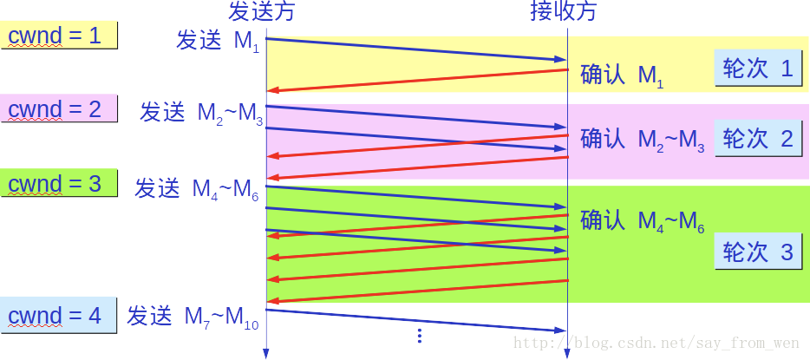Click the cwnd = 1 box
[x=59, y=35]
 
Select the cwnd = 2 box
[x=59, y=109]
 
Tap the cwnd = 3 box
[x=59, y=184]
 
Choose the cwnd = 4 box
[x=59, y=316]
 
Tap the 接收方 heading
[x=564, y=11]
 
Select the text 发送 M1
[x=217, y=42]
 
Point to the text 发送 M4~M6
[x=196, y=189]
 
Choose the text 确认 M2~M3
[x=643, y=140]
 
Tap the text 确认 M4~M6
[x=643, y=221]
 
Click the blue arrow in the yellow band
[x=416, y=49]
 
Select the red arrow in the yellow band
[x=416, y=81]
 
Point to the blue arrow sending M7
[x=416, y=319]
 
